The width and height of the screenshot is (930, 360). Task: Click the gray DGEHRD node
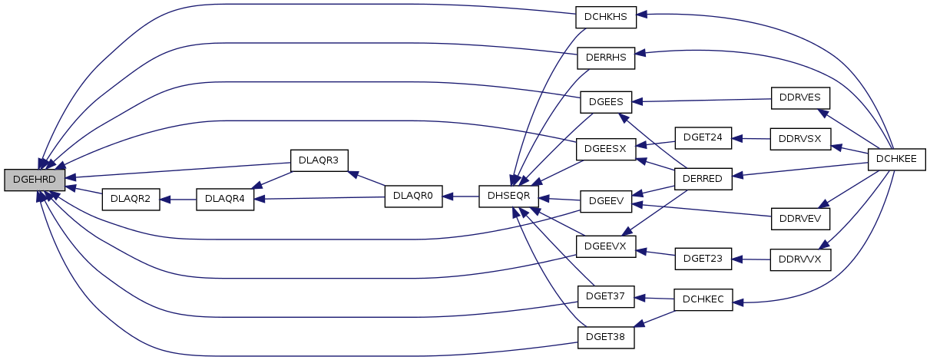[35, 180]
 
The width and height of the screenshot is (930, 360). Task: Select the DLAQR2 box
[131, 199]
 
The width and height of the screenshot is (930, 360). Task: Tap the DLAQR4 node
[225, 199]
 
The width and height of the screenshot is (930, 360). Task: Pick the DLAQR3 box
[319, 161]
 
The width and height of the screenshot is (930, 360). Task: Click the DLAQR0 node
[413, 197]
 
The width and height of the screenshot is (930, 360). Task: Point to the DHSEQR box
[508, 197]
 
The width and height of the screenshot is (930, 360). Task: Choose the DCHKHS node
[606, 18]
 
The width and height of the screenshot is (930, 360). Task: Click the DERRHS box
[606, 58]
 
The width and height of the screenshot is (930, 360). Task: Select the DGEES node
[606, 102]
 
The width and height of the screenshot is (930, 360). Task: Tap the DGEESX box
[606, 150]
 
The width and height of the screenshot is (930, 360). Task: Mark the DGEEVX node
[606, 246]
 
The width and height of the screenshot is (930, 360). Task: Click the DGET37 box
[606, 297]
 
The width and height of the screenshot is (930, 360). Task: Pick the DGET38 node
[606, 338]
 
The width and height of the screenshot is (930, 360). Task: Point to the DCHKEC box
[703, 300]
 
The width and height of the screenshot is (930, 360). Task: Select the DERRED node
[703, 179]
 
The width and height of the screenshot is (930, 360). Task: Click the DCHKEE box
[896, 160]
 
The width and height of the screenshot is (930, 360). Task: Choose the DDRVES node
[800, 98]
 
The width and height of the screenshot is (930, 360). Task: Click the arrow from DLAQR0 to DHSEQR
[461, 197]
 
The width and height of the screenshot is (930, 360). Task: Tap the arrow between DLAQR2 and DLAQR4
[178, 200]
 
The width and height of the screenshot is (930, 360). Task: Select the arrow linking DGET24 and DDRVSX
[750, 139]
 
